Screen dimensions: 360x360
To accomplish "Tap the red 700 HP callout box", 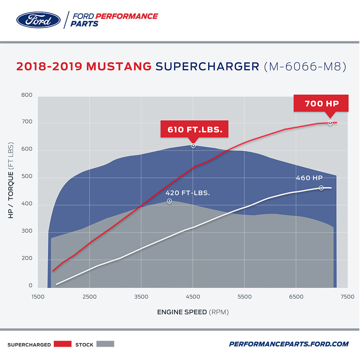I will click(321, 104).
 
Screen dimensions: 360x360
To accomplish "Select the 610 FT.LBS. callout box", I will click(194, 129).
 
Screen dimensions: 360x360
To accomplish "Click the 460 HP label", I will click(309, 178).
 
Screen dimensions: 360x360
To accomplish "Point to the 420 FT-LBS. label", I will click(188, 193).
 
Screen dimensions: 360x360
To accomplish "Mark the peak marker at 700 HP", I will click(330, 123).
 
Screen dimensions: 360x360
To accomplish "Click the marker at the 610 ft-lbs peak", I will click(193, 146).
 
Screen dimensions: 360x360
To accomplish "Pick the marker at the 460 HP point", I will click(321, 188).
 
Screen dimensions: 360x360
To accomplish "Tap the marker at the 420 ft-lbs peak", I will click(169, 201).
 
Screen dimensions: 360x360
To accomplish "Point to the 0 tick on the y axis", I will click(31, 286).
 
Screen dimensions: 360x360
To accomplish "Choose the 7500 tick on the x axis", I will click(347, 297).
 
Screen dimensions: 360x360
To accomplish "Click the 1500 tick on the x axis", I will click(38, 297).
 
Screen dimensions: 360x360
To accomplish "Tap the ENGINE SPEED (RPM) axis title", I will click(193, 312).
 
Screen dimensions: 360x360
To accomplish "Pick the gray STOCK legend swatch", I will click(105, 344).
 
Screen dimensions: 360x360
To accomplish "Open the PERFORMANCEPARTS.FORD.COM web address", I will click(289, 344).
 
